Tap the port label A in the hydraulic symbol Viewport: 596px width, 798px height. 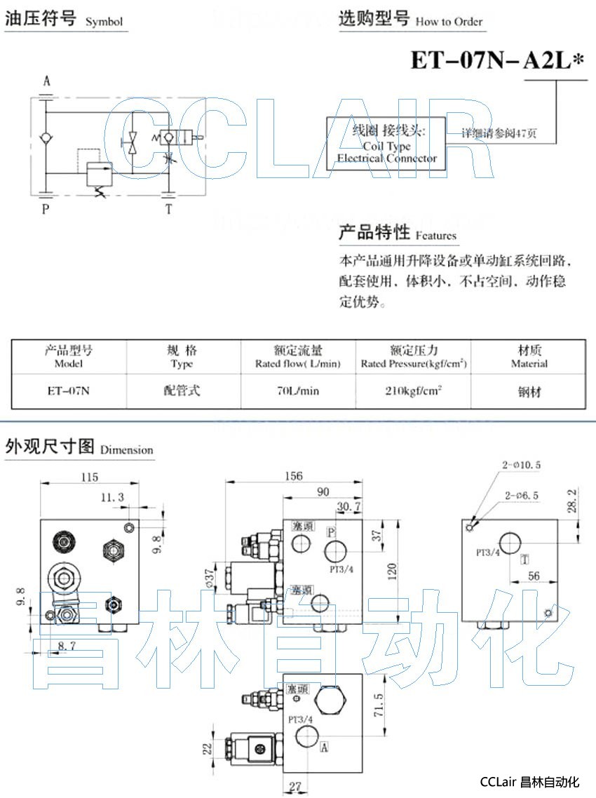46,81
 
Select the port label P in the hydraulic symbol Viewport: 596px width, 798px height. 46,208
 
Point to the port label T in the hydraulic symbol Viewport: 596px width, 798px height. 168,208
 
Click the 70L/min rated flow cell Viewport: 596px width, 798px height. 298,391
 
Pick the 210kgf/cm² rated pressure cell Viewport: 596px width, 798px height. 413,391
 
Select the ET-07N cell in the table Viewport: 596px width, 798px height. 68,391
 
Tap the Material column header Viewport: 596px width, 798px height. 529,357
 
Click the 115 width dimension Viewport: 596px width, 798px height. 88,477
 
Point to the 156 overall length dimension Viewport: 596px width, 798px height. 294,476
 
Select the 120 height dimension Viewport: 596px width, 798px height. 393,571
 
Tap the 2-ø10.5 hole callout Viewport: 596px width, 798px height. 522,465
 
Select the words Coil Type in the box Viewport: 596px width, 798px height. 386,146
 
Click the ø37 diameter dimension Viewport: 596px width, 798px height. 208,578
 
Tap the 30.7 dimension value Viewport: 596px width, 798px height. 348,506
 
